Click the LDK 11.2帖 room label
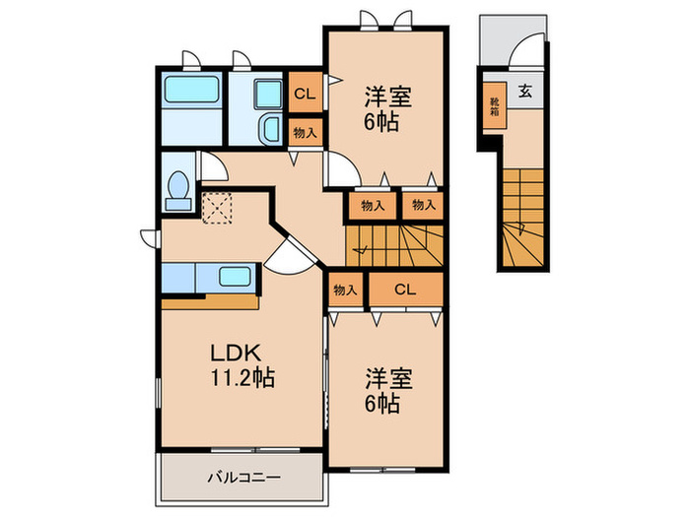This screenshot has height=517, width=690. click(x=239, y=363)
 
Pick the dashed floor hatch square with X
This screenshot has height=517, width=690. click(x=215, y=208)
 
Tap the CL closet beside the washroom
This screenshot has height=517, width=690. click(x=304, y=94)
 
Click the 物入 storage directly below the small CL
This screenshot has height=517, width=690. click(x=304, y=132)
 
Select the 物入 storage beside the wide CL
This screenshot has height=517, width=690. click(x=345, y=290)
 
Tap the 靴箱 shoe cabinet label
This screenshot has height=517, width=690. click(x=494, y=105)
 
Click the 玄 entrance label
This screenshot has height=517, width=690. click(x=525, y=92)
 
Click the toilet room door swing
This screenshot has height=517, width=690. click(x=212, y=166)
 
